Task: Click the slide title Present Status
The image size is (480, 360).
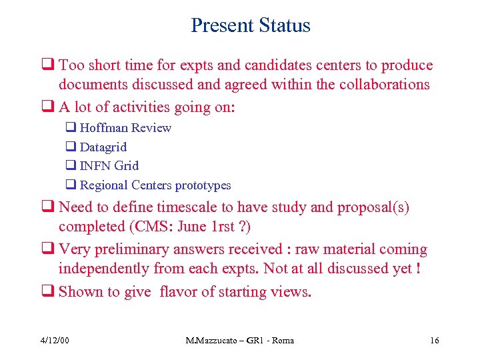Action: [250, 25]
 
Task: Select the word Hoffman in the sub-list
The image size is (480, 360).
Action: [103, 128]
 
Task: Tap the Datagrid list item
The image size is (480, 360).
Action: [103, 147]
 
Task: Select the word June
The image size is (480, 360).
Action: [193, 227]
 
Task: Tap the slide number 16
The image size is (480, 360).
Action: [435, 341]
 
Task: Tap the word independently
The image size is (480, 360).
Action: [103, 268]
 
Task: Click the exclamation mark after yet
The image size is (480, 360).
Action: [416, 268]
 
